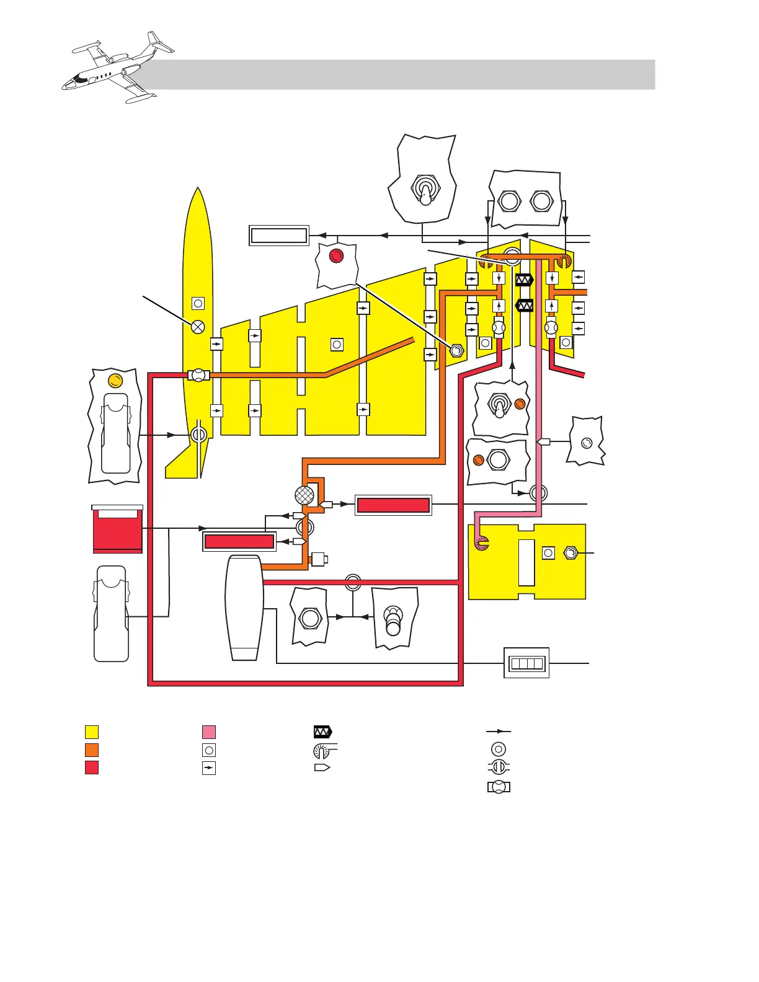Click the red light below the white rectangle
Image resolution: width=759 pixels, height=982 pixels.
[x=336, y=255]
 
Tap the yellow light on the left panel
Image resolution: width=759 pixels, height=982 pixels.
[x=115, y=380]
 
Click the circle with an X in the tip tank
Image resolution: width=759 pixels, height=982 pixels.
[x=198, y=326]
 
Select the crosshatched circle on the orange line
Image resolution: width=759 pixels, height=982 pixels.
[x=304, y=495]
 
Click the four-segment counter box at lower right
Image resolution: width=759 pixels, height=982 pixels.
[x=526, y=663]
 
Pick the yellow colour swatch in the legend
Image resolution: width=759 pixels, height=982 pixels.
[x=92, y=732]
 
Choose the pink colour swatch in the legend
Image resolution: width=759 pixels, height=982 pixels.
[x=209, y=732]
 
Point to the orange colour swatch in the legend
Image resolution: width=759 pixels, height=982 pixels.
[x=92, y=750]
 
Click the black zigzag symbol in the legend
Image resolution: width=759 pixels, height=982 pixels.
[x=322, y=732]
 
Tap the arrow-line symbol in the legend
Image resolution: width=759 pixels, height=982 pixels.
[x=499, y=732]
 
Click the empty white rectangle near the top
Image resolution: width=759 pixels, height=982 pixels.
[x=278, y=236]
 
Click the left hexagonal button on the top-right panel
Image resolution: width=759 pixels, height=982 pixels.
[x=509, y=201]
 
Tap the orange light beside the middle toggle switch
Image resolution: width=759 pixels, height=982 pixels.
[x=520, y=404]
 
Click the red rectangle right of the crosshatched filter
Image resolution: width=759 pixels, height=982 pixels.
[x=393, y=505]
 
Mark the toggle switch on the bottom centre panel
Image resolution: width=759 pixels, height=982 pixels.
[x=393, y=620]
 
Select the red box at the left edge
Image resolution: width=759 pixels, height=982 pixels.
[x=117, y=531]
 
